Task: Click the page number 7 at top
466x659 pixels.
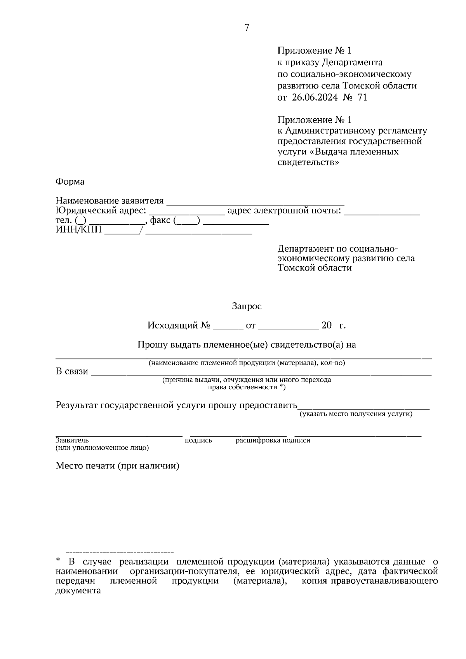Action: [247, 27]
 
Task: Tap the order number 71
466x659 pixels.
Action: [362, 97]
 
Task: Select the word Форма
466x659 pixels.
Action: [70, 182]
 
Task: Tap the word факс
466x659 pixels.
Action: [160, 220]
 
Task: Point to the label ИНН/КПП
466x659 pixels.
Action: [79, 230]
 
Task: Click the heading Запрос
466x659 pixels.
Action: [247, 307]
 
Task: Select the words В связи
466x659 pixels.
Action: [72, 372]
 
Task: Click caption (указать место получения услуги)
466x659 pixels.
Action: [355, 414]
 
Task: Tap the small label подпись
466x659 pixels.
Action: [198, 440]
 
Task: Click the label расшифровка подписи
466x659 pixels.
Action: [273, 440]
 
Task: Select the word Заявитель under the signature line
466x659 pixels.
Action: [72, 440]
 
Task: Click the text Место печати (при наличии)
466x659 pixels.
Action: [117, 466]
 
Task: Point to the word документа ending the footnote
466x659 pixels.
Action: [78, 591]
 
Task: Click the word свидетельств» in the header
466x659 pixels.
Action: [308, 162]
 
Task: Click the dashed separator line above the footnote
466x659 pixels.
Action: [120, 551]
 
